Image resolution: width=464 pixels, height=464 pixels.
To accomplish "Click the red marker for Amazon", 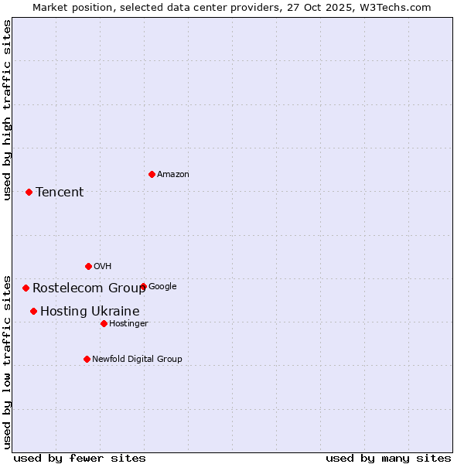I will click(x=152, y=174).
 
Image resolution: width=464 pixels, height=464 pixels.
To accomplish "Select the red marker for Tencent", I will click(x=29, y=192).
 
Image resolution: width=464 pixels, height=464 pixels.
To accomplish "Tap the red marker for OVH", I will click(x=88, y=266).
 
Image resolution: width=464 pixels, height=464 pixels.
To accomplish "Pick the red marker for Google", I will click(x=143, y=286).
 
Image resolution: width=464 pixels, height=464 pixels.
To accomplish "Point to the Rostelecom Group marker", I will click(x=26, y=288).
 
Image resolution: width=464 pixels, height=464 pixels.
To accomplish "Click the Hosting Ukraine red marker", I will click(x=33, y=311).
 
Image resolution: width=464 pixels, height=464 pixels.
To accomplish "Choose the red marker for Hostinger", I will click(x=104, y=323).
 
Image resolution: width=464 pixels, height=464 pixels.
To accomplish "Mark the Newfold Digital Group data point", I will click(x=87, y=359).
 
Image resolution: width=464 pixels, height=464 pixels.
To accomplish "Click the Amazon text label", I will click(x=173, y=175).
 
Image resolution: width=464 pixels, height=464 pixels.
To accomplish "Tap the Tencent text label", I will click(x=60, y=193).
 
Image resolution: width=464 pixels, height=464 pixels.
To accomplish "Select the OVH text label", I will click(x=103, y=267).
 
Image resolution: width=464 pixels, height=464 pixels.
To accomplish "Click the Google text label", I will click(x=162, y=287).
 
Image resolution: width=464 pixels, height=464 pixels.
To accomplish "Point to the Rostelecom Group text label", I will click(x=89, y=288).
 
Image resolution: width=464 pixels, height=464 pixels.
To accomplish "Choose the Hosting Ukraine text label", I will click(x=90, y=312).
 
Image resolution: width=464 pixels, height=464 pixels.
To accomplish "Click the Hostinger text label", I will click(x=128, y=324).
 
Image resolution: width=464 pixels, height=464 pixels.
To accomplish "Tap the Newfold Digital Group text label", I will click(x=137, y=360).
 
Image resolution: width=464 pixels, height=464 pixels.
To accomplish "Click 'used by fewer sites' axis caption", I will click(x=80, y=458).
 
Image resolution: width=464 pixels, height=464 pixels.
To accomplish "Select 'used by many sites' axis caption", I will click(x=388, y=458).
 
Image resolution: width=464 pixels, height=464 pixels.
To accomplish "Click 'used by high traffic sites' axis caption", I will click(x=7, y=109).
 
